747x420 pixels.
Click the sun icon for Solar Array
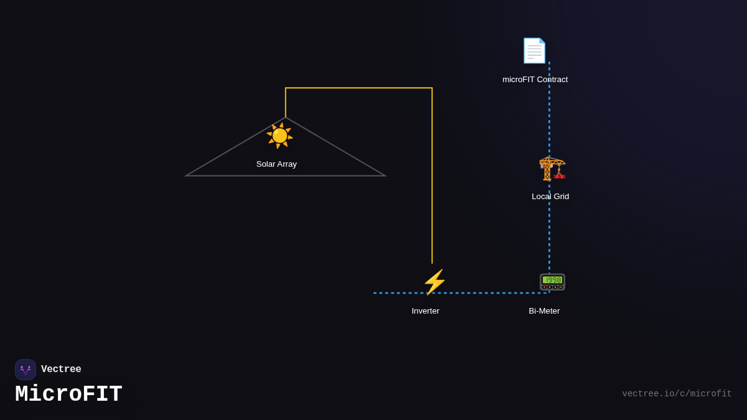pyautogui.click(x=280, y=136)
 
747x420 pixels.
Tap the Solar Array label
pyautogui.click(x=276, y=164)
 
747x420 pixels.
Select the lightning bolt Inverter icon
pyautogui.click(x=435, y=282)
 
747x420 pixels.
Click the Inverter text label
pyautogui.click(x=425, y=311)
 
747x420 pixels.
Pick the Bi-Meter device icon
pyautogui.click(x=552, y=281)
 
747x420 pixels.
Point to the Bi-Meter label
pyautogui.click(x=544, y=311)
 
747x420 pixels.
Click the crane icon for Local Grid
pyautogui.click(x=552, y=168)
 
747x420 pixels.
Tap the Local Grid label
pyautogui.click(x=550, y=197)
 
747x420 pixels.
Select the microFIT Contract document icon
pyautogui.click(x=534, y=50)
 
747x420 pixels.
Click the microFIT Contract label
pyautogui.click(x=535, y=80)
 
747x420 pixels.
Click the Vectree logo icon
pyautogui.click(x=26, y=370)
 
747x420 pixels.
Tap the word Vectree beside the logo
pyautogui.click(x=61, y=370)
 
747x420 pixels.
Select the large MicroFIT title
pyautogui.click(x=68, y=394)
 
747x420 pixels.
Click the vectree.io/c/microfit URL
pyautogui.click(x=677, y=394)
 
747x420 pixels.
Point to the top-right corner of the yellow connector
pyautogui.click(x=432, y=88)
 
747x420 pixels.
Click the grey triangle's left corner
pyautogui.click(x=187, y=175)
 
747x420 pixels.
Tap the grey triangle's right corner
pyautogui.click(x=384, y=175)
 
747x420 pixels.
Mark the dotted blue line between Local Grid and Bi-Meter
pyautogui.click(x=549, y=236)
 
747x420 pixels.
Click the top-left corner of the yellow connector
pyautogui.click(x=286, y=88)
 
